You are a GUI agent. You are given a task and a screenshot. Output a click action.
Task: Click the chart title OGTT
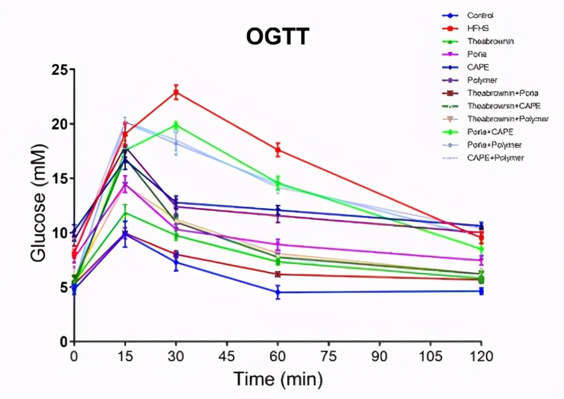pos(277,37)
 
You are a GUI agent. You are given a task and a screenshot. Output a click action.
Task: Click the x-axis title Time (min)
pos(277,380)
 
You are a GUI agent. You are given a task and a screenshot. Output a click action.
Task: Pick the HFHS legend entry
pos(478,28)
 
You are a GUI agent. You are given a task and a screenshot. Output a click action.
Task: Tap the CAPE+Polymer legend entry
pos(495,158)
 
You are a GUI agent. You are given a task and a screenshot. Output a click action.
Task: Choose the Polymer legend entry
pos(481,80)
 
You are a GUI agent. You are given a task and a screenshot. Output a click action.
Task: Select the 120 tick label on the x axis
pos(481,357)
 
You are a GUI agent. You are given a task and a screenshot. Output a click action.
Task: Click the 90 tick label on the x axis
pos(379,357)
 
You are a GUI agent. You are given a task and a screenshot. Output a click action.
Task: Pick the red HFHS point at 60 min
pos(278,150)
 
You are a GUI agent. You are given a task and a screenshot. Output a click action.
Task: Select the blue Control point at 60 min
pos(278,292)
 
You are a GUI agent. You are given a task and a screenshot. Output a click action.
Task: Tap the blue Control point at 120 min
pos(481,291)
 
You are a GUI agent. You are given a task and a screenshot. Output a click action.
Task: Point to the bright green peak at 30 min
pos(176,125)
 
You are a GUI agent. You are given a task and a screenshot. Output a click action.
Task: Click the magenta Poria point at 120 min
pos(481,260)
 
